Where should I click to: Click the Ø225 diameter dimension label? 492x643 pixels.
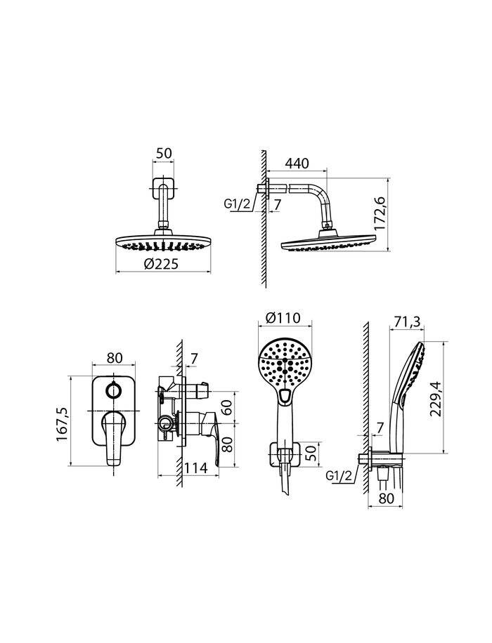tap(162, 264)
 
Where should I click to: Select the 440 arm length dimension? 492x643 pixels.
tap(297, 164)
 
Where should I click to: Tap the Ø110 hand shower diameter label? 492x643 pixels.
tap(283, 318)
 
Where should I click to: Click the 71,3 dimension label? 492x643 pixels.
tap(407, 322)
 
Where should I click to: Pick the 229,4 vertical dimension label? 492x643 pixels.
tap(435, 399)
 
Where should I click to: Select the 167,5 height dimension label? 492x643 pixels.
tap(63, 425)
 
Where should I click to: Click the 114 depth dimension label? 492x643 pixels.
tap(195, 468)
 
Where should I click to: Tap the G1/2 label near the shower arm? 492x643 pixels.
tap(237, 204)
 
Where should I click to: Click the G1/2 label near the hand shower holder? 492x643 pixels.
tap(339, 476)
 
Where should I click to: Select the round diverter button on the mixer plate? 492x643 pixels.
tap(113, 389)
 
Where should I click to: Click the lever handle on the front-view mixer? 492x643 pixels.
tap(112, 438)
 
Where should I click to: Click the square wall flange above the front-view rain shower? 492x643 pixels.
tap(164, 188)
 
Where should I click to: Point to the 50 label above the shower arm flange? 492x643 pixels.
tap(164, 153)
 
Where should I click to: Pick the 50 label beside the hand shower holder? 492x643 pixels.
tap(313, 453)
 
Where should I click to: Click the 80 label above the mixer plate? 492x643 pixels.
tap(115, 358)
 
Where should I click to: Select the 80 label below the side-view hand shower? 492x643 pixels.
tap(385, 498)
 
